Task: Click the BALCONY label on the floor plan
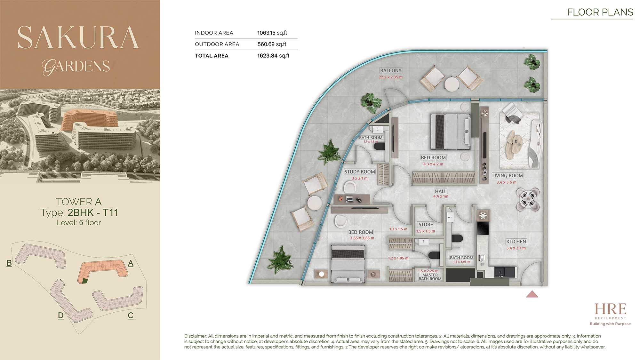[391, 71]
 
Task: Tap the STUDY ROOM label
[359, 172]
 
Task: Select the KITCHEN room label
[516, 242]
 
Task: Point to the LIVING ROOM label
[507, 176]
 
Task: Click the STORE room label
[426, 225]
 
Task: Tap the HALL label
[441, 191]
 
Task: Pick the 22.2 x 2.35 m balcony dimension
[391, 77]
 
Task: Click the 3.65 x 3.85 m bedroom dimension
[362, 238]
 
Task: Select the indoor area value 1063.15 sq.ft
[272, 33]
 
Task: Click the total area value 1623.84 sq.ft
[273, 56]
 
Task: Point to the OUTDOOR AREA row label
[217, 44]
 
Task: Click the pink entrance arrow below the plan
[532, 294]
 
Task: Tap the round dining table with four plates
[527, 199]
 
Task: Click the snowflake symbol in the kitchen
[483, 216]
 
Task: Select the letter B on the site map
[9, 263]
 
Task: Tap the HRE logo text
[610, 309]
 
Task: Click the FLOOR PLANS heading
[600, 12]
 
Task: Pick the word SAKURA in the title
[78, 37]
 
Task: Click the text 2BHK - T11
[93, 212]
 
